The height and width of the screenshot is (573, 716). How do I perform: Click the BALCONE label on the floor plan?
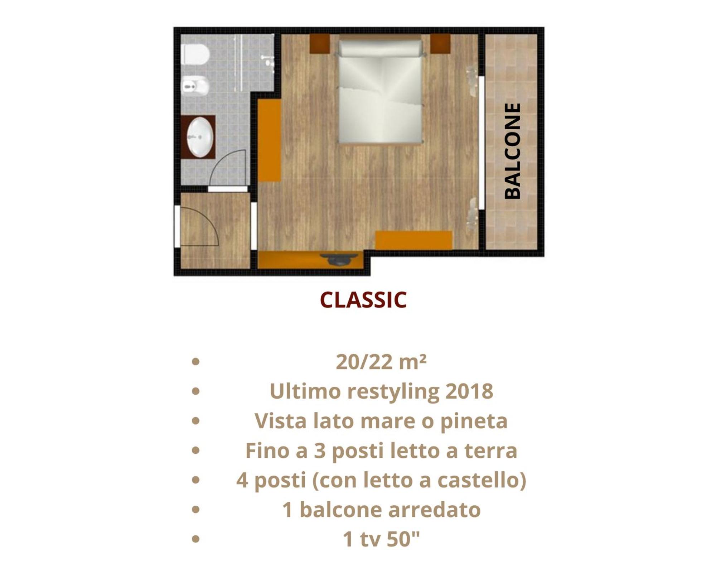[512, 151]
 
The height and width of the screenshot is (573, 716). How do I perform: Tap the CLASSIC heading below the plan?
[363, 300]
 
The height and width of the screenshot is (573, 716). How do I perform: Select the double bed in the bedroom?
[380, 92]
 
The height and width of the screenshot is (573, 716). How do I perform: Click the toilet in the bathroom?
[195, 54]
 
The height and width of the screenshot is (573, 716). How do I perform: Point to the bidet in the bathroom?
[195, 86]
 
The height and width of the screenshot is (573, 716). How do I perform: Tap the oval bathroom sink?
[200, 137]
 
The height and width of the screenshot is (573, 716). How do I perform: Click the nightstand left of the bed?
[319, 44]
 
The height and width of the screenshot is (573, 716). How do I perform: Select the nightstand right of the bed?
[440, 44]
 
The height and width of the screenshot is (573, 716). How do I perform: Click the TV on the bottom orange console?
[339, 259]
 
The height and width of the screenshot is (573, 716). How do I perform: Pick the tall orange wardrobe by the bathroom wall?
[269, 140]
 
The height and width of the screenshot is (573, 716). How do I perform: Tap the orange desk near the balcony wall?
[414, 240]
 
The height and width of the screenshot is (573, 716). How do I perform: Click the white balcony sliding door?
[482, 143]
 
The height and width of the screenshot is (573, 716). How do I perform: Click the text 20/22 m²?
[381, 362]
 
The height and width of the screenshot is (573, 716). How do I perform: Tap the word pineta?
[474, 421]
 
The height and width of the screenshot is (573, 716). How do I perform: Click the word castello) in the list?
[482, 480]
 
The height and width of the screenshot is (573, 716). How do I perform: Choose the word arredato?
[434, 510]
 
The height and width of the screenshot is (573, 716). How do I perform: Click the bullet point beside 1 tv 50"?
[195, 539]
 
